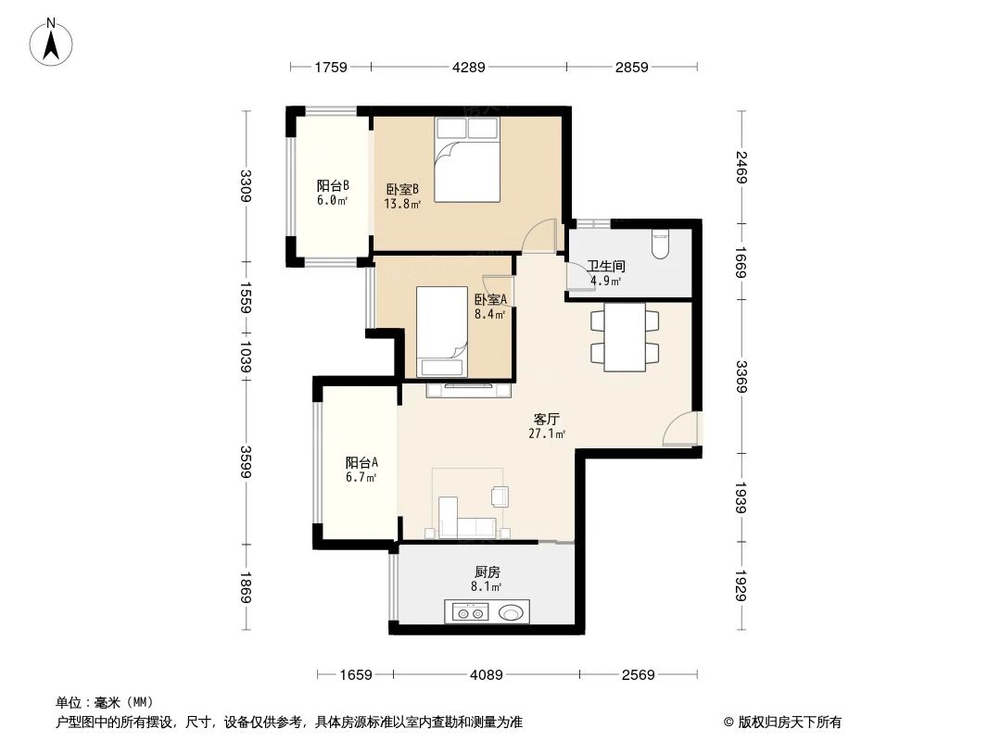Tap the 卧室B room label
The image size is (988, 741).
pyautogui.click(x=403, y=189)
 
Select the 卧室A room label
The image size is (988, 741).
pyautogui.click(x=490, y=300)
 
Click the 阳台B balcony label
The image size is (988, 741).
pyautogui.click(x=332, y=185)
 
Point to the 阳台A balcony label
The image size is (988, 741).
pyautogui.click(x=361, y=463)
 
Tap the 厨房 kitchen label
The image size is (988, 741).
pyautogui.click(x=487, y=572)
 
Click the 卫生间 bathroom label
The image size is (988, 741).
pyautogui.click(x=606, y=266)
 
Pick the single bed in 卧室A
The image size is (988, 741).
pyautogui.click(x=441, y=331)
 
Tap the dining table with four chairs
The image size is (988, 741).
pyautogui.click(x=625, y=336)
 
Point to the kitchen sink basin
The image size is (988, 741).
pyautogui.click(x=511, y=612)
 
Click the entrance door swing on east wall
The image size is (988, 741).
pyautogui.click(x=681, y=430)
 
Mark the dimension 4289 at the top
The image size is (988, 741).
pyautogui.click(x=468, y=67)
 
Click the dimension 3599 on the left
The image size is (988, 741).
pyautogui.click(x=245, y=463)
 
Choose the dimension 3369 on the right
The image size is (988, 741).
pyautogui.click(x=741, y=377)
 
